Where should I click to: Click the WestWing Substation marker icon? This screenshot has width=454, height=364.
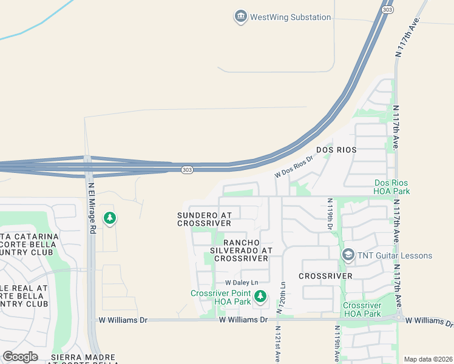coord(240,17)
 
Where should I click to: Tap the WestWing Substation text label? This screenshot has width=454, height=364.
coord(291,18)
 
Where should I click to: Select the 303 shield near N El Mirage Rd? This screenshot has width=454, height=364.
coord(187,170)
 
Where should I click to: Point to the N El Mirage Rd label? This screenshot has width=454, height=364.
coord(92,209)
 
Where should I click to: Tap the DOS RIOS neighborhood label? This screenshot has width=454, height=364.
coord(336,149)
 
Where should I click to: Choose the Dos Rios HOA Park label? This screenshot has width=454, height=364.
coord(392,187)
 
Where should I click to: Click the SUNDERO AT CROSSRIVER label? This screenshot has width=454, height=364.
coord(205,219)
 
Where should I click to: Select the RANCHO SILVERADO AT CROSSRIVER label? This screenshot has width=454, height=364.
coord(241,250)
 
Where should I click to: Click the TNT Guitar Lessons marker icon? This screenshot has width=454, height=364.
coord(348,255)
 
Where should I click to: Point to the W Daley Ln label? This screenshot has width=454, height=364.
coord(242,283)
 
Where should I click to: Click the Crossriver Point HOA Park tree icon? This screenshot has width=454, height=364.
coord(260,296)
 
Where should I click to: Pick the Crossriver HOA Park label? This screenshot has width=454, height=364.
coord(362,309)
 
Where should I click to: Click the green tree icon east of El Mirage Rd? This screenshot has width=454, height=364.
coord(109,218)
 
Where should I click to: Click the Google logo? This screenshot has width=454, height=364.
coord(21,357)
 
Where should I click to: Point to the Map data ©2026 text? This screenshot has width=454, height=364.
coord(427,359)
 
